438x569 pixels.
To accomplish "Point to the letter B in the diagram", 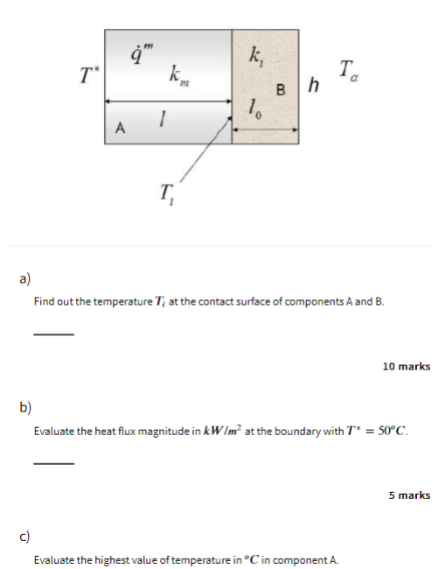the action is (280, 88).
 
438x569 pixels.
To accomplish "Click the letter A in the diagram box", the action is (120, 130).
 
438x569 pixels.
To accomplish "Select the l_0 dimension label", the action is (255, 109).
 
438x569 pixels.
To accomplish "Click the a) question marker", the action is (25, 279).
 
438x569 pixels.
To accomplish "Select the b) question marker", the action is (25, 407).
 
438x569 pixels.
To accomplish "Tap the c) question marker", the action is (25, 536).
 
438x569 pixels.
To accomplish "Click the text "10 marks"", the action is (406, 366).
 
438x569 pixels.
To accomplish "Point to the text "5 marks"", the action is (409, 495).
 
